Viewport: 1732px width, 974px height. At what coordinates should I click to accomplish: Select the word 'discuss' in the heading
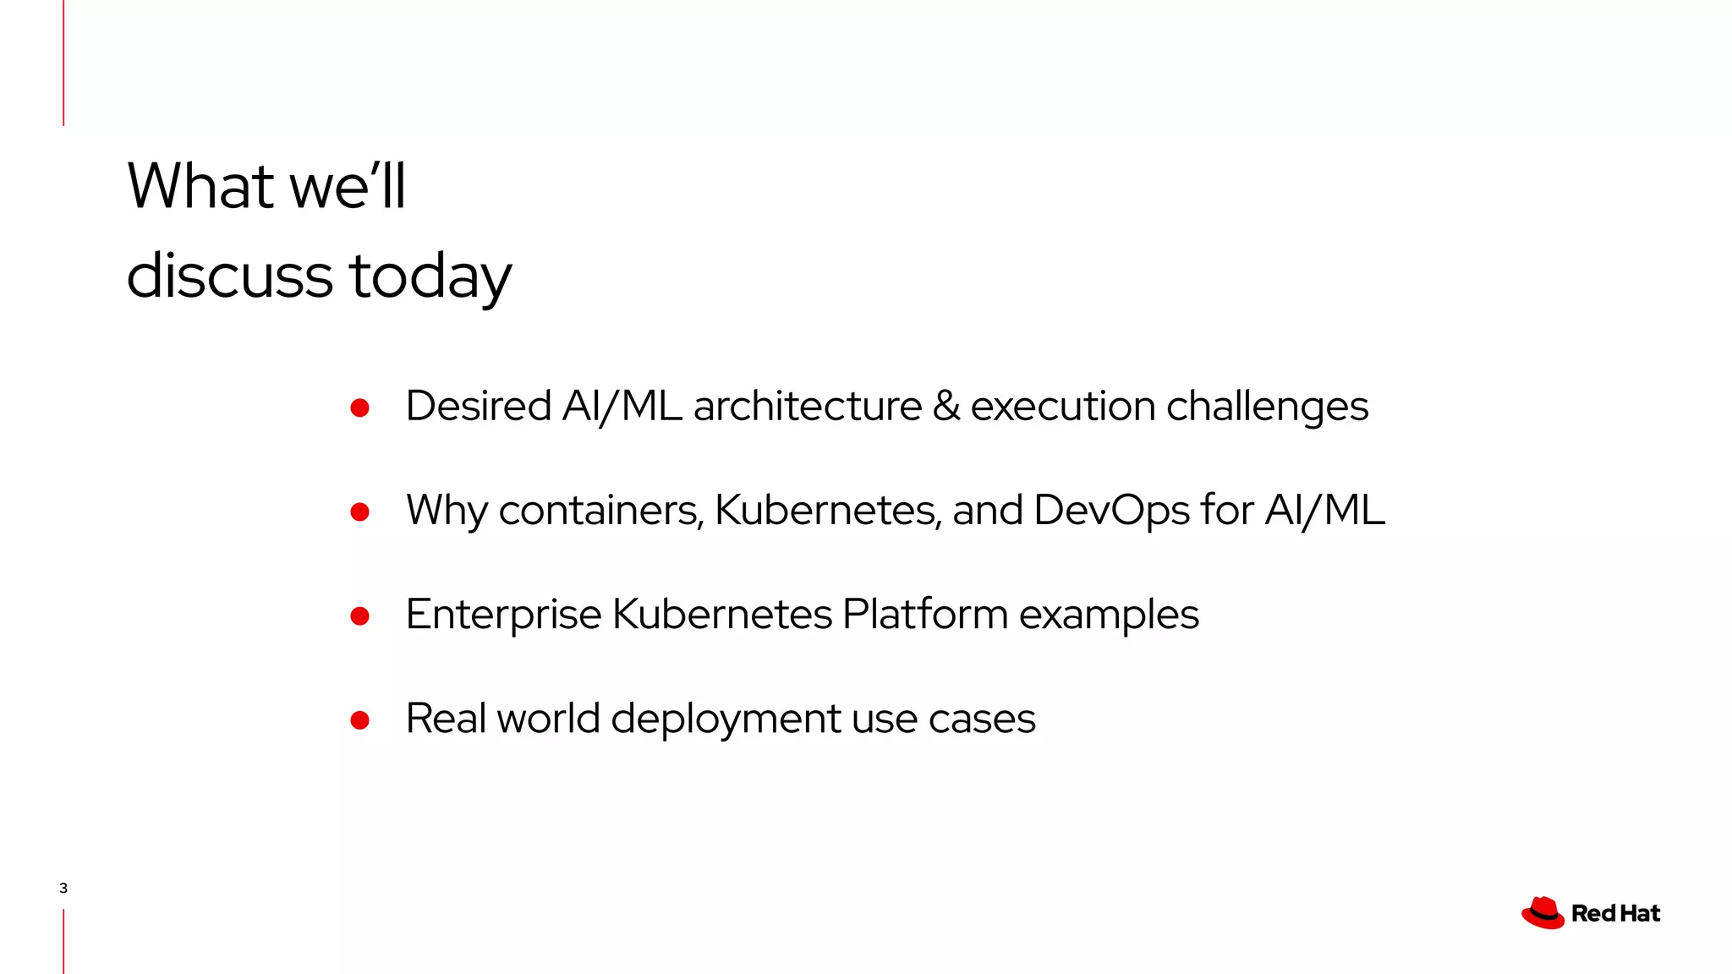229,276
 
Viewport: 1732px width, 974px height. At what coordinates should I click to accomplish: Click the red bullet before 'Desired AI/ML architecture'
360,408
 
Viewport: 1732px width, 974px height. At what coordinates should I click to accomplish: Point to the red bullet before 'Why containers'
360,512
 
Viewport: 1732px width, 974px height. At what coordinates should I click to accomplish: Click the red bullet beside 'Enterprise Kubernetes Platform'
360,616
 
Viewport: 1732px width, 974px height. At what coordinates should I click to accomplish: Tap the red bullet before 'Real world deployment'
360,720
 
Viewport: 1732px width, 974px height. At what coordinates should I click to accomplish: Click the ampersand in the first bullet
946,406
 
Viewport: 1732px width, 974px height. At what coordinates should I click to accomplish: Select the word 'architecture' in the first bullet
807,407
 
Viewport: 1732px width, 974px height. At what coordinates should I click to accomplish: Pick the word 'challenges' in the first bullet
1267,407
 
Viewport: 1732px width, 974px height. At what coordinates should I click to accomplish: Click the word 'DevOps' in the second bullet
1111,511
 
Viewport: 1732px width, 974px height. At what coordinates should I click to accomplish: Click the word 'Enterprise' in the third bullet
503,615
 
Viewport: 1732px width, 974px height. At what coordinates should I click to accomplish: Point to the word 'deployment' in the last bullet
726,720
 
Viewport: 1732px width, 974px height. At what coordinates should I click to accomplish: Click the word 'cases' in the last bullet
981,720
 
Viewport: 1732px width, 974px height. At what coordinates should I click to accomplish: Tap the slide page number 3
63,888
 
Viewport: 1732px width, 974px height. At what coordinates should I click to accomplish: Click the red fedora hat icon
1543,913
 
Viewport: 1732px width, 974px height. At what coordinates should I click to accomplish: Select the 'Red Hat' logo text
1615,913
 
